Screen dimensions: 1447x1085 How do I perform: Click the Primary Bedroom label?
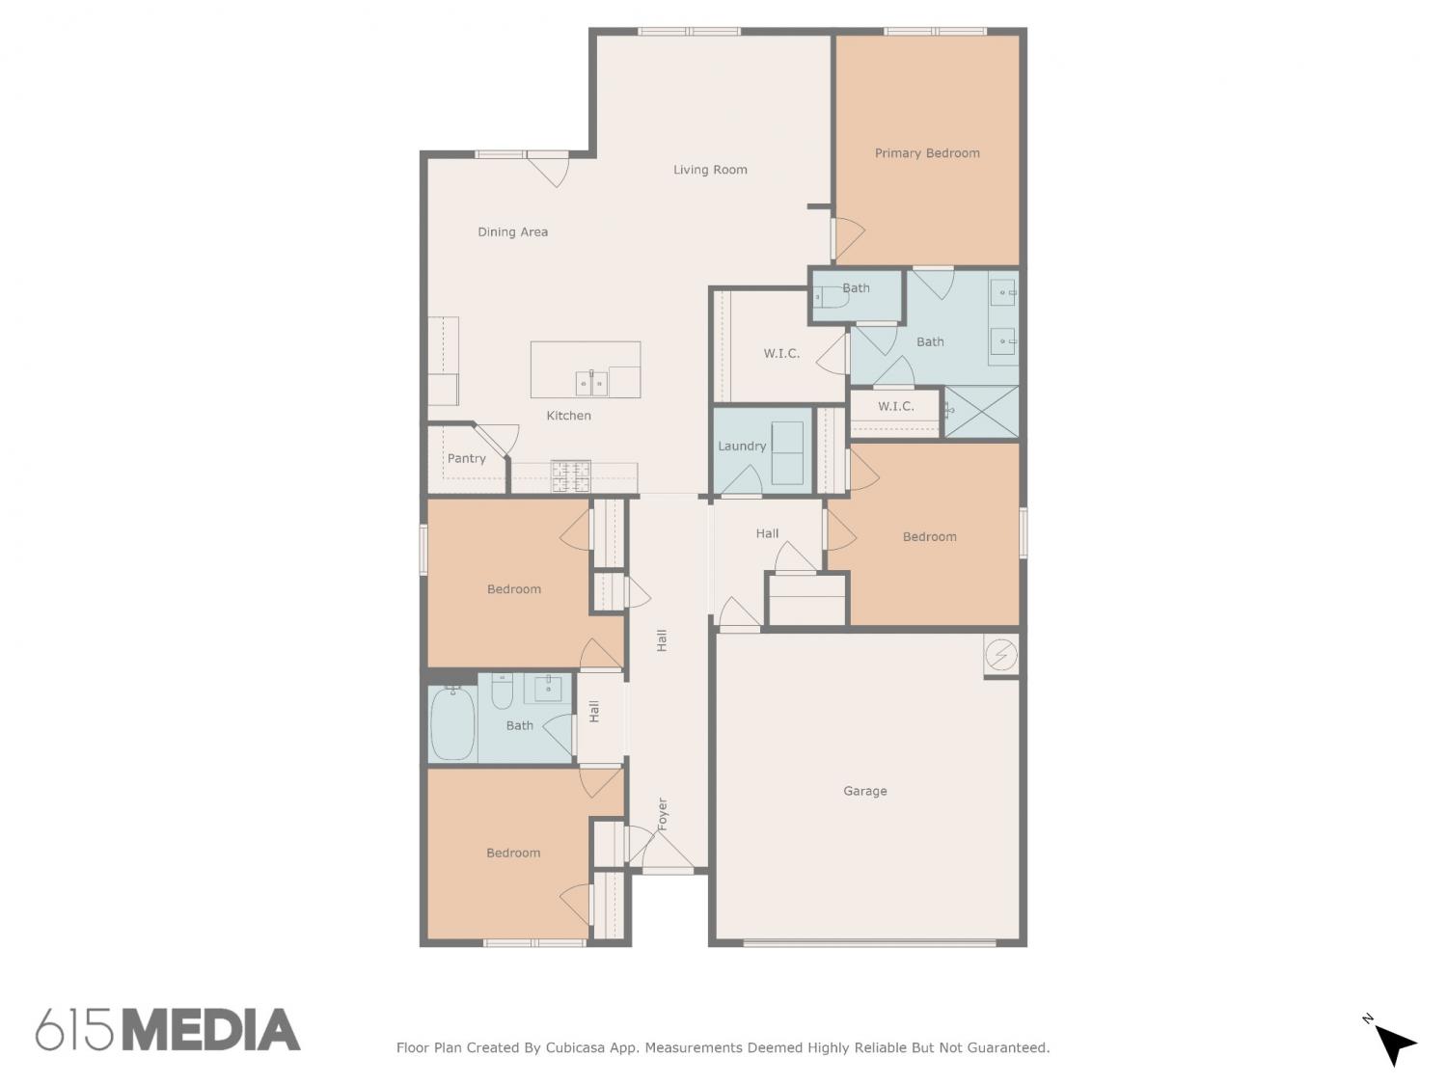click(926, 153)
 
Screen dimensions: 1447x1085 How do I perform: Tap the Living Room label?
click(709, 170)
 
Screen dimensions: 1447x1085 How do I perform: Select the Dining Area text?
click(512, 231)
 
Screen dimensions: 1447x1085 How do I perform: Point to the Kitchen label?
click(568, 416)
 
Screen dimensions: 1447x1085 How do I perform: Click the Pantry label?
click(466, 458)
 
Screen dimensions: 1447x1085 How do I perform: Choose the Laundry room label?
click(742, 446)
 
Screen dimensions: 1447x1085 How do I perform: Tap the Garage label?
click(864, 791)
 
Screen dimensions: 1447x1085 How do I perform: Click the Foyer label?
click(662, 814)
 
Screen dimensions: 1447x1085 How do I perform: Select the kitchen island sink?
click(591, 383)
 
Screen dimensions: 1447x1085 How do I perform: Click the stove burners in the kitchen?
click(570, 475)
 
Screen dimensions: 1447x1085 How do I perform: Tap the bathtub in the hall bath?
click(452, 722)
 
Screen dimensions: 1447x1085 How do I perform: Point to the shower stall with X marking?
click(981, 411)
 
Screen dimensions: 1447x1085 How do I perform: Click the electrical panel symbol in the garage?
click(1000, 655)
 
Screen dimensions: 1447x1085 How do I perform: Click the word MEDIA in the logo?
click(211, 1030)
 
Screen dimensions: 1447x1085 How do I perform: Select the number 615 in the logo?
click(74, 1030)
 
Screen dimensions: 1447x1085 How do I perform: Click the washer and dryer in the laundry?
click(787, 453)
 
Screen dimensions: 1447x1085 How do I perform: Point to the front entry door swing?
click(668, 850)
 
